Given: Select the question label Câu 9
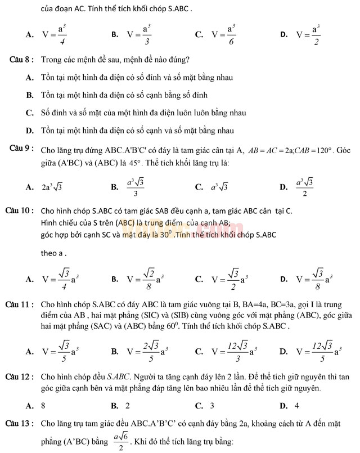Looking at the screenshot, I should [x=23, y=149].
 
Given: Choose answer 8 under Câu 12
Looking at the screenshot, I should [x=43, y=405].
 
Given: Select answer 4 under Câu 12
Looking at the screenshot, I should [x=296, y=405].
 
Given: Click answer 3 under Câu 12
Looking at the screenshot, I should [x=212, y=405].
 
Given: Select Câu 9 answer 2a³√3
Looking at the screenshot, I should [x=52, y=187].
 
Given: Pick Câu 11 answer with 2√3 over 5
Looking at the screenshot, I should [x=148, y=352].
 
